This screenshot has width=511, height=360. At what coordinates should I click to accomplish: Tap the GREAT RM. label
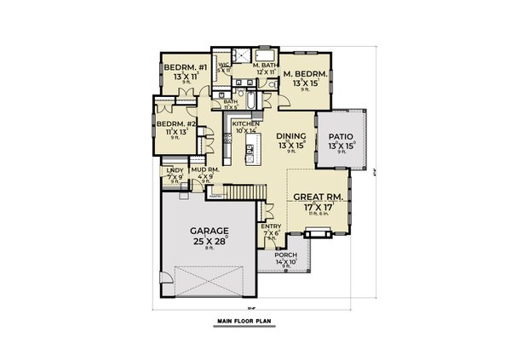coord(317,197)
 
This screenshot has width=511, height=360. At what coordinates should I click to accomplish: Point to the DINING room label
coord(291,135)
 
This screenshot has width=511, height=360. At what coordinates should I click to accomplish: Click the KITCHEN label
coord(245,123)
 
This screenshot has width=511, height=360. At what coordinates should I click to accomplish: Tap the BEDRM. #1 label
coord(181,67)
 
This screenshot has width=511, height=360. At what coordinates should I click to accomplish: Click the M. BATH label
coord(265,66)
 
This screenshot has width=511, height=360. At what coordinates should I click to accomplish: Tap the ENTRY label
coord(272,226)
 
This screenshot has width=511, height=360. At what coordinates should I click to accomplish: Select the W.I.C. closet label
coord(225,65)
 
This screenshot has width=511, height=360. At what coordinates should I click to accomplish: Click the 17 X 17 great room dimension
coord(317,206)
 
